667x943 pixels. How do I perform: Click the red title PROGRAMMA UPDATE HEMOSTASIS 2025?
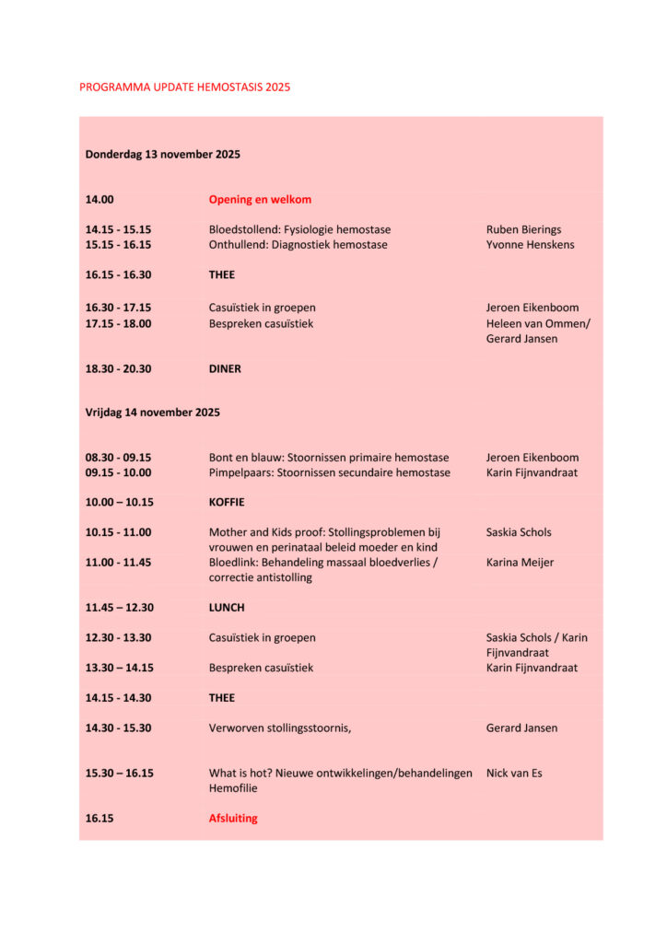click(x=184, y=87)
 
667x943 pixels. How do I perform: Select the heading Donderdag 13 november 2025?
click(x=162, y=155)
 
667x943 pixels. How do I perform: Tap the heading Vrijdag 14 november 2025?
click(x=152, y=413)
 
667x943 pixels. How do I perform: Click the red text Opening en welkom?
click(x=260, y=200)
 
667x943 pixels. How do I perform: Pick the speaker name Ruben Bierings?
click(x=523, y=229)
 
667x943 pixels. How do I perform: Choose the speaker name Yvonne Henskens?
click(x=531, y=245)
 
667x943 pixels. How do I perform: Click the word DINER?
click(x=225, y=369)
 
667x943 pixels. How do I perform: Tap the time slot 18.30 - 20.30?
click(x=118, y=369)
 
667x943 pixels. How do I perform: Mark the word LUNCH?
click(x=227, y=608)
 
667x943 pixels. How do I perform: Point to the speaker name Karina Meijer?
click(x=520, y=563)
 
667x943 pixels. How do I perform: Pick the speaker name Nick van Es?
click(x=514, y=774)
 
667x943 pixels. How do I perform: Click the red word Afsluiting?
click(x=233, y=819)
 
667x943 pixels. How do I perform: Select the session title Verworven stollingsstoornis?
click(x=280, y=728)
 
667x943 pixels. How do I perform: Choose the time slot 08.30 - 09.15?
click(x=118, y=458)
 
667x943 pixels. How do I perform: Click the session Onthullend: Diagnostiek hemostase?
click(x=298, y=245)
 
